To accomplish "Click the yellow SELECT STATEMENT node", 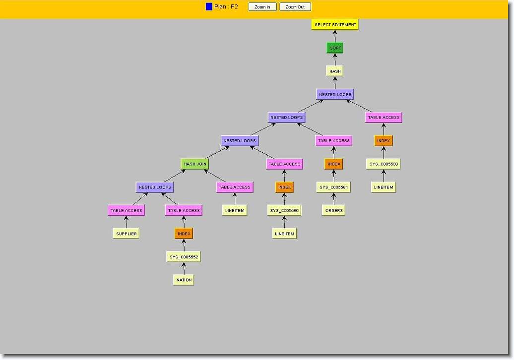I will [x=335, y=25].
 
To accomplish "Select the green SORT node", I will [x=335, y=48].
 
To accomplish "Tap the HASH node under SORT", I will [x=335, y=71].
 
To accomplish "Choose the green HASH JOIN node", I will [x=195, y=164].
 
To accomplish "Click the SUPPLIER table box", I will [x=126, y=234].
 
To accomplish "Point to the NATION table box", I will [x=184, y=280].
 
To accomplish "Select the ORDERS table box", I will [x=334, y=210].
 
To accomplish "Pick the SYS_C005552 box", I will [x=184, y=257].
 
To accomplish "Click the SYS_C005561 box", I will [x=334, y=187].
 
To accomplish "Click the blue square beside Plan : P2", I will [x=209, y=7].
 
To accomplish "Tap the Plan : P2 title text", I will [x=226, y=7].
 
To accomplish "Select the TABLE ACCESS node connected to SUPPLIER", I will [x=126, y=210].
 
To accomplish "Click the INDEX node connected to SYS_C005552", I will [x=184, y=234].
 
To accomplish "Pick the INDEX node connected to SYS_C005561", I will [x=334, y=164].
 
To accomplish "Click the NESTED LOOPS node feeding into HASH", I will [x=335, y=94].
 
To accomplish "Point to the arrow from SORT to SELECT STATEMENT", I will [x=335, y=36].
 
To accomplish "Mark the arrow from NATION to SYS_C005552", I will [x=184, y=269].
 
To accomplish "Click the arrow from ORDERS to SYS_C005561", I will [x=334, y=199].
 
